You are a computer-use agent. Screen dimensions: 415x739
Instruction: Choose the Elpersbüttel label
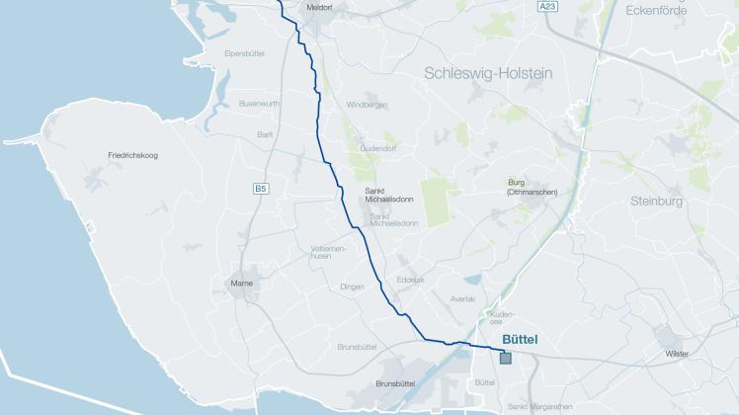[246, 51]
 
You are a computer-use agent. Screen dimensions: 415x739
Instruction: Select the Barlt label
[264, 133]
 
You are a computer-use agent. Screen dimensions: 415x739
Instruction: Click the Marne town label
[241, 285]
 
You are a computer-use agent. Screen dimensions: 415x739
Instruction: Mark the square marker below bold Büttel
[506, 358]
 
